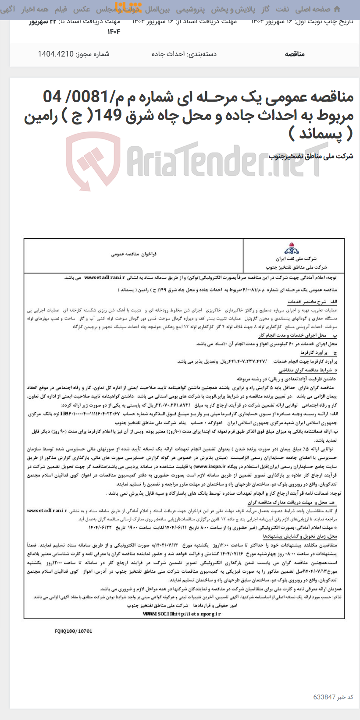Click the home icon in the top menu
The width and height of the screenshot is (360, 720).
coord(337,9)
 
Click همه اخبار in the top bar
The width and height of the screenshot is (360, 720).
coord(35,9)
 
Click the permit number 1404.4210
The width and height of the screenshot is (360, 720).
coord(56,54)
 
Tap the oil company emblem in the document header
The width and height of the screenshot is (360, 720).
coord(292,250)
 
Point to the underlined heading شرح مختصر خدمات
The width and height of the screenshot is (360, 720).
coord(307,302)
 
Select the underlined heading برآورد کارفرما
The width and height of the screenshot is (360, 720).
coord(314,352)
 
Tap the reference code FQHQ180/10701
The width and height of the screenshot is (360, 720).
coord(74,631)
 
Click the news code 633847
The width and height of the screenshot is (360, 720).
coord(324,697)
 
